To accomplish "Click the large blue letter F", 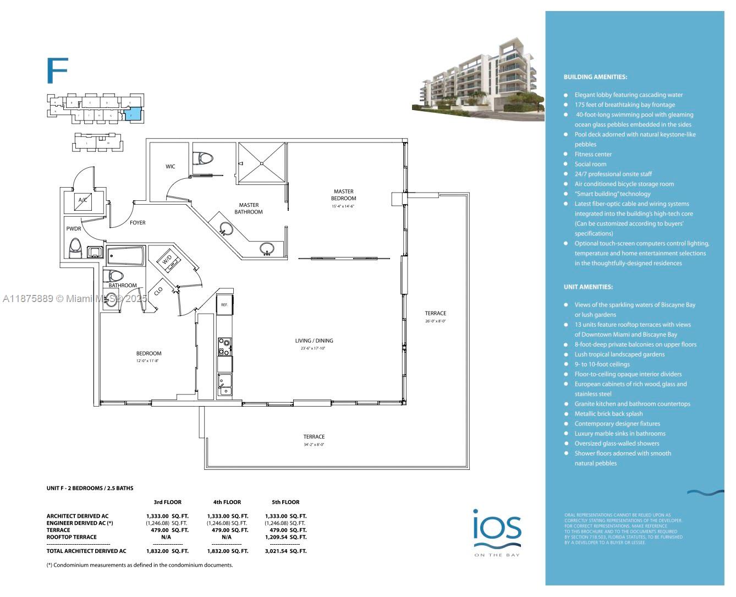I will tap(57, 70).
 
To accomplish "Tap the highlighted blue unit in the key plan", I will tap(132, 114).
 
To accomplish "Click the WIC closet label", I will tap(171, 167).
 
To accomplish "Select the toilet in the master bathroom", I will tap(205, 158).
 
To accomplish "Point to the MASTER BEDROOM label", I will tap(343, 195).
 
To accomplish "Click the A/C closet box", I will tap(83, 200).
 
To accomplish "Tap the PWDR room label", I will tap(74, 229).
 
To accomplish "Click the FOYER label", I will tap(138, 223).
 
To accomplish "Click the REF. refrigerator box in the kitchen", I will tap(224, 304).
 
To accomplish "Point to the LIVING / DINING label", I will tap(314, 341).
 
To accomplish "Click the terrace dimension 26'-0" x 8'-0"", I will tap(435, 321).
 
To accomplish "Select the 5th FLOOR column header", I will tap(285, 502).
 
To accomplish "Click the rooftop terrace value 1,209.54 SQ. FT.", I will tap(285, 537).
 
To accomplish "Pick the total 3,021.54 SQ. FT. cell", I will tap(285, 551).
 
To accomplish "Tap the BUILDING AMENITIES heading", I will tap(595, 77).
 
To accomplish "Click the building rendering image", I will tap(477, 80).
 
